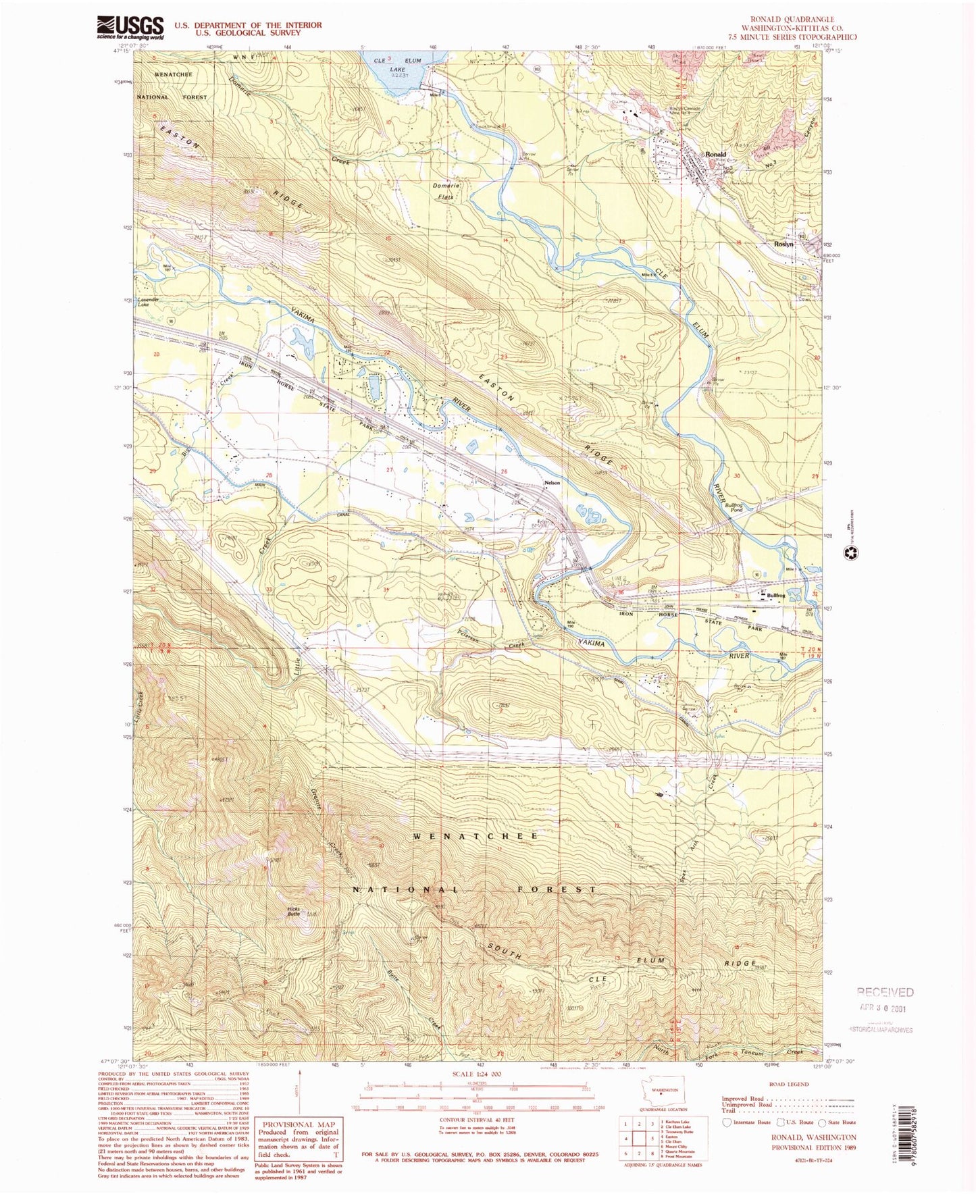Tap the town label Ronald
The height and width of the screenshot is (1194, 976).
click(x=715, y=155)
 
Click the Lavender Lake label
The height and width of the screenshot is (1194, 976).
click(x=147, y=302)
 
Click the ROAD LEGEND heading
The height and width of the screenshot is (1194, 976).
click(x=788, y=1084)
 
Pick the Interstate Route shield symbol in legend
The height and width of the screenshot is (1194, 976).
click(x=726, y=1123)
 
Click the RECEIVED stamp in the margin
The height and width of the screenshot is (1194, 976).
click(x=885, y=992)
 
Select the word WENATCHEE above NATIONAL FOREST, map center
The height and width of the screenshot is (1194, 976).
click(x=476, y=836)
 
